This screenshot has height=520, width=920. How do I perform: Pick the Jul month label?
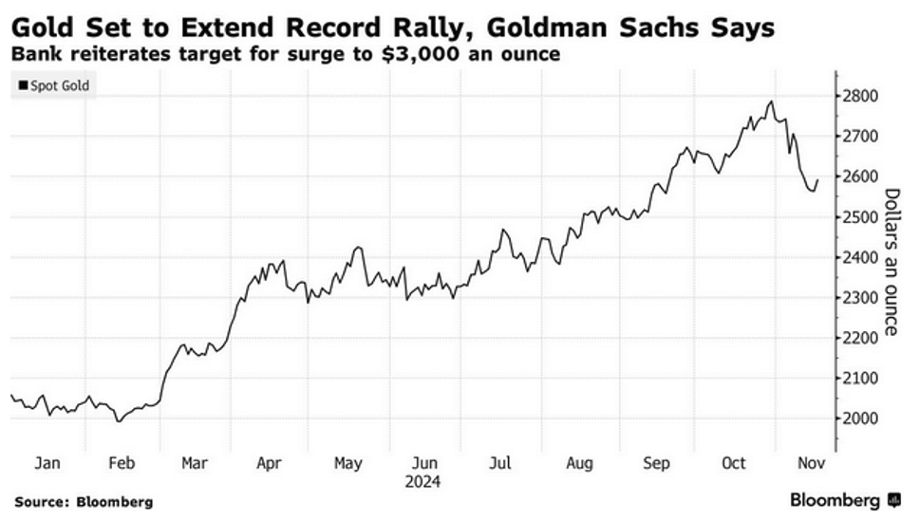click(499, 463)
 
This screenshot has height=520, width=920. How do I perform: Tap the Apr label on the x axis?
click(270, 463)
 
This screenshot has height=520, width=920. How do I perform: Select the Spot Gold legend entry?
click(54, 85)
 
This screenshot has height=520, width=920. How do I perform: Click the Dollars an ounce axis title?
click(891, 261)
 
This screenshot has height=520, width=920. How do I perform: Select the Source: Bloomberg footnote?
click(84, 501)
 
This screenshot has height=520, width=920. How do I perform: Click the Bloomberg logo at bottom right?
click(843, 500)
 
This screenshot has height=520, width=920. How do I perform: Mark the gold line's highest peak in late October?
click(772, 101)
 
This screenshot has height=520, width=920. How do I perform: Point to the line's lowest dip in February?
click(119, 420)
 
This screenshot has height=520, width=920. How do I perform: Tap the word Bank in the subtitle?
click(34, 54)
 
